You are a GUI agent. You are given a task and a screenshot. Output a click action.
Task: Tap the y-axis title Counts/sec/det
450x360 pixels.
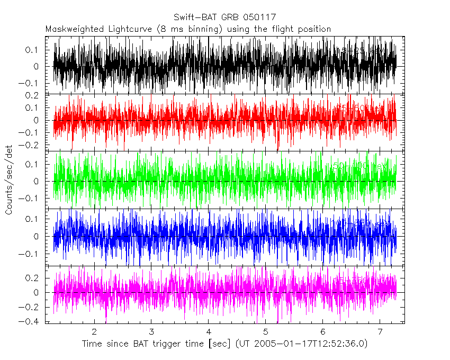click(8, 182)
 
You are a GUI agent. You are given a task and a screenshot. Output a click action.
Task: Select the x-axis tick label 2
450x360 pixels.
click(94, 331)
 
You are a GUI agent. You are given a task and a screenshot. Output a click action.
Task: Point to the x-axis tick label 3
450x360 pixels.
click(151, 331)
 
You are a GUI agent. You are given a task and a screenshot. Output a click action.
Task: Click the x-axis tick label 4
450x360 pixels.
click(209, 331)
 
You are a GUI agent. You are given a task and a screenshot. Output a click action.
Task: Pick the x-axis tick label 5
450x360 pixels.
click(266, 331)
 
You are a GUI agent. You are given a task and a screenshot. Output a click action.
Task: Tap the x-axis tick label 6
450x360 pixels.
click(323, 331)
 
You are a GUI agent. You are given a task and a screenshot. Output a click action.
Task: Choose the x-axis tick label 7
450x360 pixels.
click(380, 331)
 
